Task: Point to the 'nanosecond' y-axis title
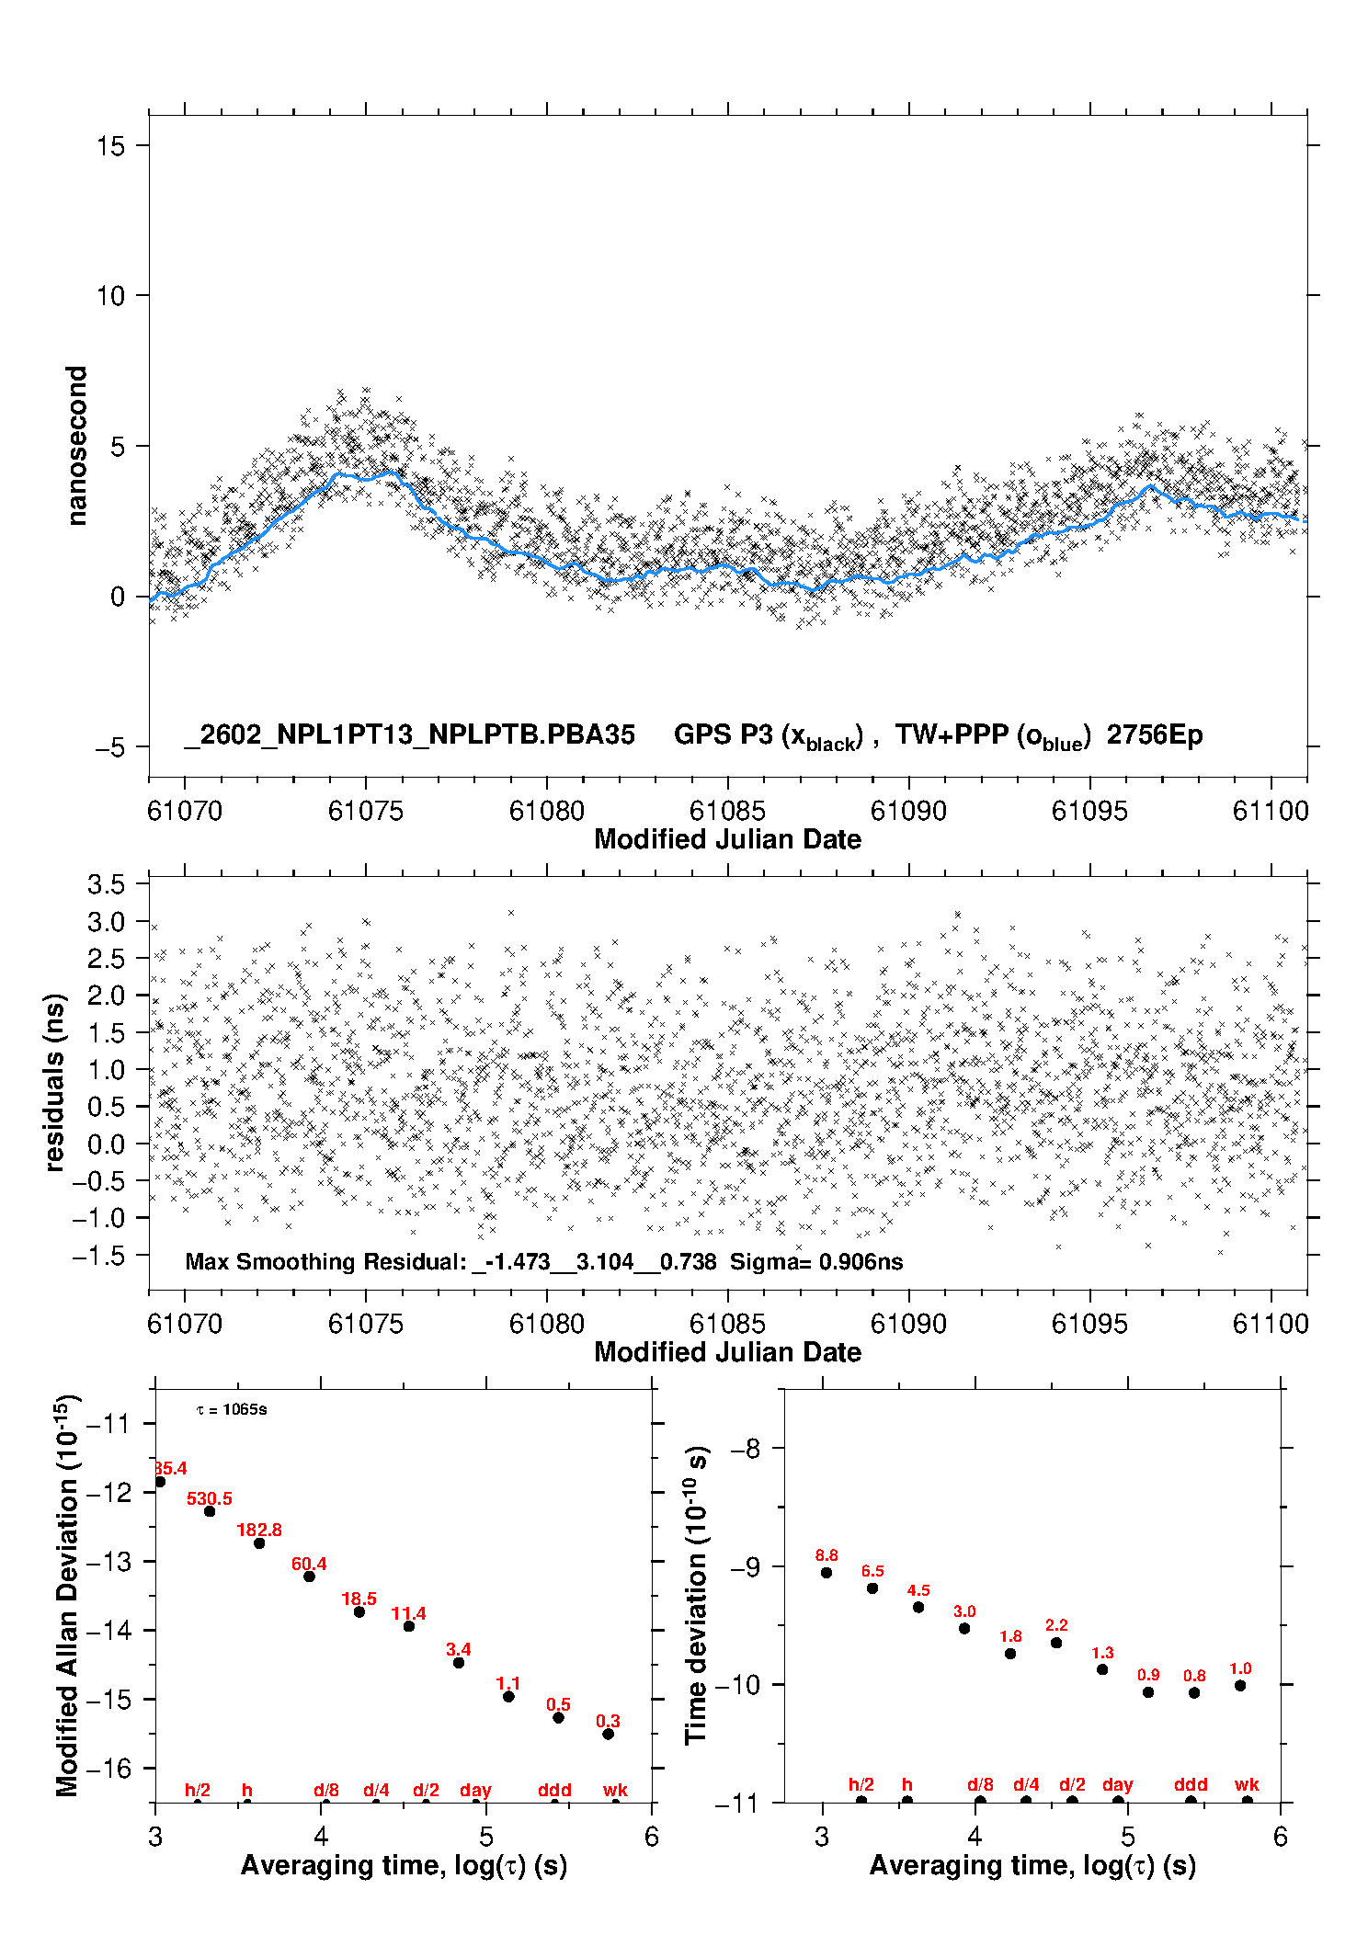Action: point(77,445)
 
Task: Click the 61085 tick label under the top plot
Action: point(726,811)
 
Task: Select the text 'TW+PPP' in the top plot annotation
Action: point(952,734)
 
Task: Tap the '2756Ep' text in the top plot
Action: point(1154,734)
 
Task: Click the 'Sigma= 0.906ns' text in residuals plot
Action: point(816,1261)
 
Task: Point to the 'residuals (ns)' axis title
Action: point(55,1082)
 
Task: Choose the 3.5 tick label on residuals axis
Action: point(106,884)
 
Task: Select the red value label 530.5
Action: point(210,1498)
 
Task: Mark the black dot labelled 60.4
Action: point(309,1576)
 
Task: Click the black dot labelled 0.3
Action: point(608,1734)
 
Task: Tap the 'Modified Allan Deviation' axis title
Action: point(67,1595)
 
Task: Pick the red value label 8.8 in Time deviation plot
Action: point(826,1555)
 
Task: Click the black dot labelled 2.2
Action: point(1056,1643)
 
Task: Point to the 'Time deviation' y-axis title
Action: point(696,1595)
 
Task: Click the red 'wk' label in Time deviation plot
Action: point(1247,1784)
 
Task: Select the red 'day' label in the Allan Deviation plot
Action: point(475,1790)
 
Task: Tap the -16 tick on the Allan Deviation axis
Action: point(108,1768)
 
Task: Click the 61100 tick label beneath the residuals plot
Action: point(1271,1324)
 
